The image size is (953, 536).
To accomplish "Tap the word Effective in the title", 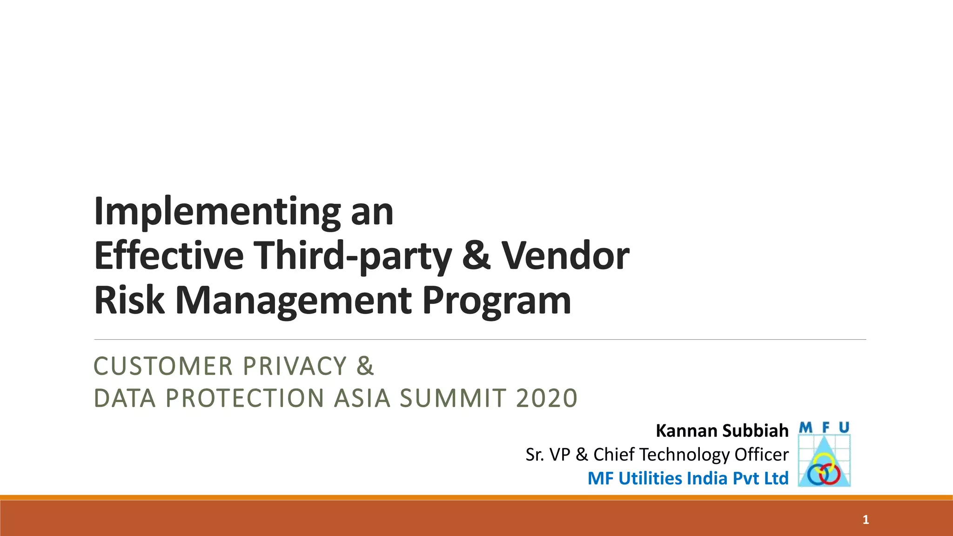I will pos(169,256).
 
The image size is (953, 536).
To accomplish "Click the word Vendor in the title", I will pos(565,256).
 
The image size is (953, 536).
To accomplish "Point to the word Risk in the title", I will pos(129,300).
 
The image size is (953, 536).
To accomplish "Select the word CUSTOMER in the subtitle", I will pos(163,366).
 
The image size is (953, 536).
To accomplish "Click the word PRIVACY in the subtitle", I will pos(295,366).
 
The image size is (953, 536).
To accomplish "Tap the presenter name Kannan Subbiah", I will pos(722,431).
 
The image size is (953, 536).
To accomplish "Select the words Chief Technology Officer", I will pos(691,455).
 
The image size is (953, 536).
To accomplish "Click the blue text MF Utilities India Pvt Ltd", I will pos(688,478).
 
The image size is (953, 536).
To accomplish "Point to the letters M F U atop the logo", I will pos(824,428).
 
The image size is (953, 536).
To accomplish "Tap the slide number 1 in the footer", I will pos(866,520).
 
